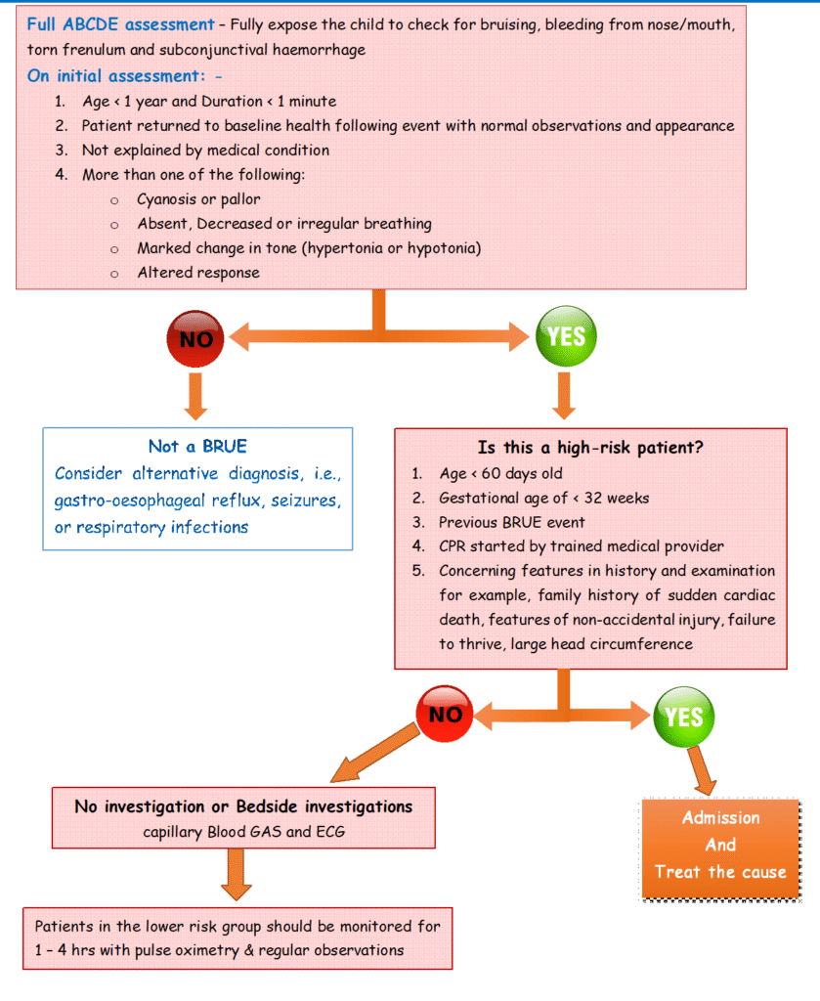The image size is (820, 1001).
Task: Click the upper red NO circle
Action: (196, 338)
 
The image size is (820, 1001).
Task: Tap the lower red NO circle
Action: (446, 715)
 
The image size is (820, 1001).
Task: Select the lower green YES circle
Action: (684, 717)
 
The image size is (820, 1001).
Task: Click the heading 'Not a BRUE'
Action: (197, 447)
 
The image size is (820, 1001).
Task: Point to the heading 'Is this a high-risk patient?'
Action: (591, 448)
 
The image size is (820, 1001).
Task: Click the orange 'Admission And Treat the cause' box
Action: (719, 845)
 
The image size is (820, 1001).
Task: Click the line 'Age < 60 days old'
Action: (500, 474)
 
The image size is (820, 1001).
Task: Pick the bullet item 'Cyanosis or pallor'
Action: (198, 199)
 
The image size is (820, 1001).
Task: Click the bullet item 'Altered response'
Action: (198, 273)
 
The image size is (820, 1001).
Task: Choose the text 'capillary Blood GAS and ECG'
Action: (242, 833)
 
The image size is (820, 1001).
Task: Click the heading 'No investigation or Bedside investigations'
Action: (243, 806)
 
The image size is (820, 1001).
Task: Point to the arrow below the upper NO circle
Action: (196, 395)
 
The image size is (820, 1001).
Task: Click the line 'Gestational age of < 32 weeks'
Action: (543, 498)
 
